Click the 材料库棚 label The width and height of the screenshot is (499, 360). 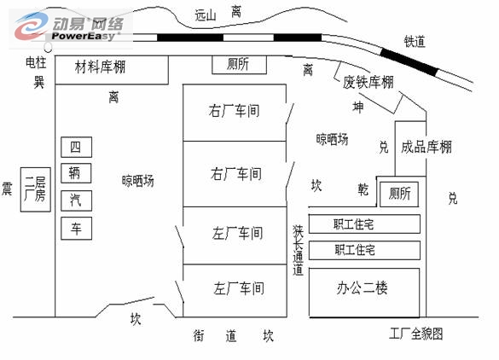(101, 67)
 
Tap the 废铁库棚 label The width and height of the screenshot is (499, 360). (368, 82)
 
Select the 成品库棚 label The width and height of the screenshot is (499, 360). (426, 147)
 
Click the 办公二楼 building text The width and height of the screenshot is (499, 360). (363, 288)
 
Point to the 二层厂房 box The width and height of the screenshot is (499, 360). (36, 189)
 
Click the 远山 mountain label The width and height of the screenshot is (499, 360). (206, 15)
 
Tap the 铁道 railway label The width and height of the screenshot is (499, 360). (415, 42)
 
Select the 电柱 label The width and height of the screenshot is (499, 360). (36, 62)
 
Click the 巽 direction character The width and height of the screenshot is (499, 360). (39, 82)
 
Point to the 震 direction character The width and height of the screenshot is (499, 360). (7, 189)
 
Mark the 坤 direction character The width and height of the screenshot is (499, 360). (358, 107)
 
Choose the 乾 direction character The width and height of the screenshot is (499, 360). (363, 189)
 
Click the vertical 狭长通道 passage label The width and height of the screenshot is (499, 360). (299, 250)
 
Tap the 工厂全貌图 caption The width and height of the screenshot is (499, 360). (416, 334)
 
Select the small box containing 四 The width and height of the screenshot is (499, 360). (77, 147)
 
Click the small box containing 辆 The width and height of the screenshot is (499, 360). (76, 173)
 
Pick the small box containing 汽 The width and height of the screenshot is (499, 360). (77, 200)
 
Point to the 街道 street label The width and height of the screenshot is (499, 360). (215, 336)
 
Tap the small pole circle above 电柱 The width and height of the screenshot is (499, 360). (48, 48)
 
